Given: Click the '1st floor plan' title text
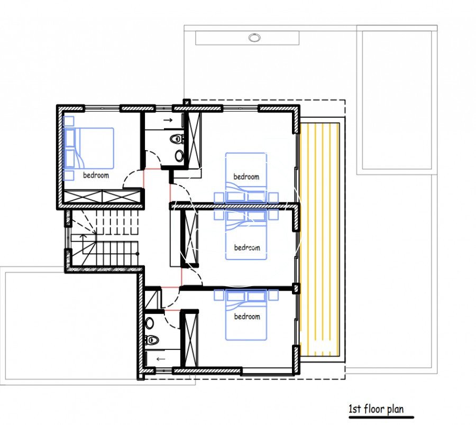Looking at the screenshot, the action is pyautogui.click(x=376, y=409).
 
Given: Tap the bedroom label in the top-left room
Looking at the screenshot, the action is pyautogui.click(x=96, y=175).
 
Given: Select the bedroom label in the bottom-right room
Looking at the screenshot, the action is pyautogui.click(x=247, y=317).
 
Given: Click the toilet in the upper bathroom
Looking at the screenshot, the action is pyautogui.click(x=176, y=139).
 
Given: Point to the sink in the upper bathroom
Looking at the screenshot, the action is pyautogui.click(x=179, y=155).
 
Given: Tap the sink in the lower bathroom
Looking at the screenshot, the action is pyautogui.click(x=149, y=323).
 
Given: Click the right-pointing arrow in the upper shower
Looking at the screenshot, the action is pyautogui.click(x=168, y=120).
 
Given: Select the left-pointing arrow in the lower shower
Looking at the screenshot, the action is pyautogui.click(x=161, y=359).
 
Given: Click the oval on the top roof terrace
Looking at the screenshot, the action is pyautogui.click(x=254, y=38).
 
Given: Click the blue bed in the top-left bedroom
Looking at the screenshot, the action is pyautogui.click(x=88, y=148).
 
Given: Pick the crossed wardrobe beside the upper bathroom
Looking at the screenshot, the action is pyautogui.click(x=195, y=140).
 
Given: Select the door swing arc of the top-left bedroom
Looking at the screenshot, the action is pyautogui.click(x=133, y=180).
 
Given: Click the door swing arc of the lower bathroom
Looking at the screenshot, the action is pyautogui.click(x=171, y=319).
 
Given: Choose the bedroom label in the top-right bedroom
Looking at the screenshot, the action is pyautogui.click(x=246, y=177).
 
